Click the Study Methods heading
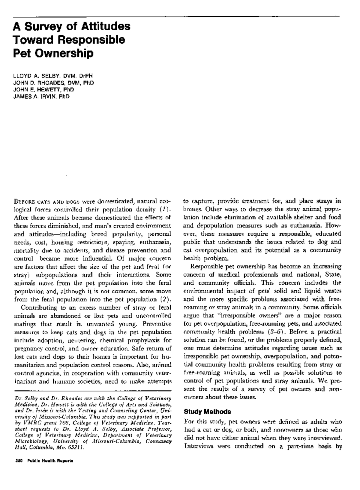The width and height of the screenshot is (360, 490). (x=207, y=411)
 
